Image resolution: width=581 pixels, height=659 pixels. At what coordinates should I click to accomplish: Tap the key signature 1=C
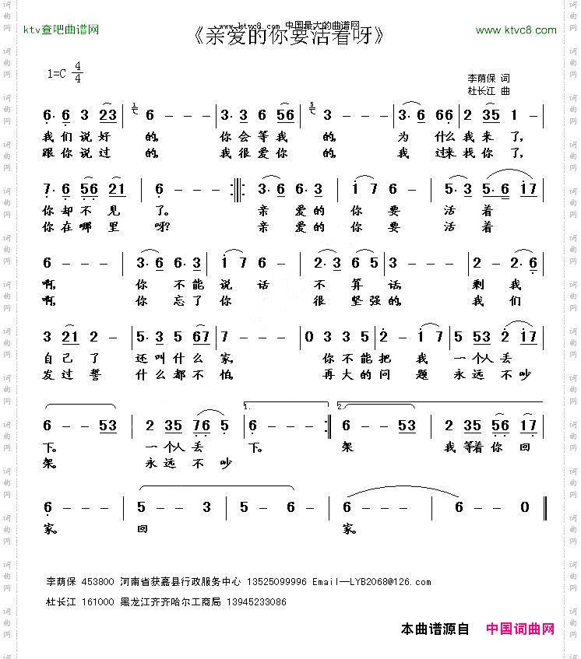[58, 74]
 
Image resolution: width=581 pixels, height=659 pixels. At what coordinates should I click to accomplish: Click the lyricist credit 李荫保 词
[488, 79]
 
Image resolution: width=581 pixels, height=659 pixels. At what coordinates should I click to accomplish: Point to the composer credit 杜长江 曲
[488, 91]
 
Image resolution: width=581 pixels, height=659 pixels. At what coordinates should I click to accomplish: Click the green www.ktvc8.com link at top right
[516, 30]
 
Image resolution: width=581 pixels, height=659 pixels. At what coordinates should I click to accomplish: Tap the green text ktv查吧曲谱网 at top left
[62, 30]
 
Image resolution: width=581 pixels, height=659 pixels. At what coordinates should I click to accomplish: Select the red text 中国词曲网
[520, 629]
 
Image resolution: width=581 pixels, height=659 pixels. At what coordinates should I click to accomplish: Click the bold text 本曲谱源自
[435, 629]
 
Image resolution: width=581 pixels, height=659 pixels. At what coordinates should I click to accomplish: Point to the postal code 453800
[97, 582]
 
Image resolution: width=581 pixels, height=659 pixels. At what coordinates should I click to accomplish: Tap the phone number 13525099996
[276, 582]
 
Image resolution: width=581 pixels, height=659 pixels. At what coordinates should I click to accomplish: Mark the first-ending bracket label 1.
[247, 407]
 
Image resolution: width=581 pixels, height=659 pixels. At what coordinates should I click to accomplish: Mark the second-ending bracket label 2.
[340, 407]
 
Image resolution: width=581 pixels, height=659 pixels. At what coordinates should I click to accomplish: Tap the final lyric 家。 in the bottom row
[348, 531]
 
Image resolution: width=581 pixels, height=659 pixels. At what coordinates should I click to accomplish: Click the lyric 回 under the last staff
[142, 531]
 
